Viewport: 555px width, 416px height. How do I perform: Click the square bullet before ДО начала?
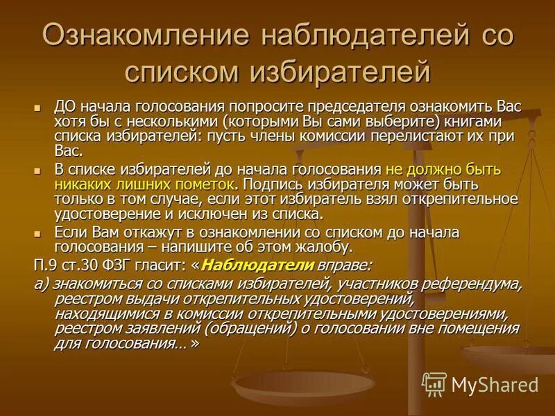pyautogui.click(x=39, y=108)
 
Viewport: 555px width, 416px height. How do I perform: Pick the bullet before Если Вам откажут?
pyautogui.click(x=39, y=232)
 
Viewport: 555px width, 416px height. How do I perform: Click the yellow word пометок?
pyautogui.click(x=205, y=183)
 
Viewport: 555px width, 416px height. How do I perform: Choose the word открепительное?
pyautogui.click(x=466, y=198)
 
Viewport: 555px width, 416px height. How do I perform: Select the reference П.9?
pyautogui.click(x=46, y=265)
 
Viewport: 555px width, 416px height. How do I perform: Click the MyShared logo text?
pyautogui.click(x=495, y=383)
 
